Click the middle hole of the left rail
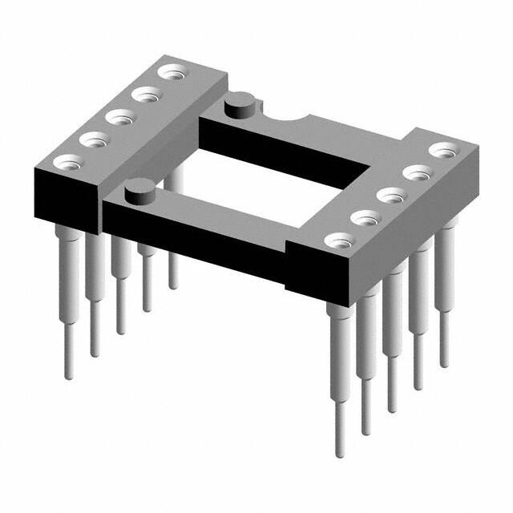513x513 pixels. point(120,118)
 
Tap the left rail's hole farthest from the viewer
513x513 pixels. point(170,73)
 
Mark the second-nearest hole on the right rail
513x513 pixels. point(366,217)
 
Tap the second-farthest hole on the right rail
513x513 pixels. point(416,172)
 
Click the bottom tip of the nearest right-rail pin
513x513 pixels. point(340,454)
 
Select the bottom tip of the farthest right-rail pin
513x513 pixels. point(443,365)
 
